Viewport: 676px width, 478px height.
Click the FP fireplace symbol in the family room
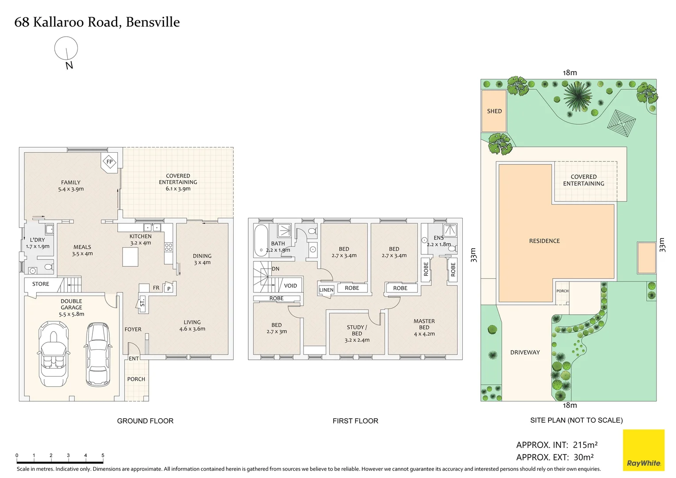(109, 162)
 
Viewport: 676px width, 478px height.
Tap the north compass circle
(66, 48)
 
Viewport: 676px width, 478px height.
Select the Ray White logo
(643, 450)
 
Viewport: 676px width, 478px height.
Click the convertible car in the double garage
(54, 354)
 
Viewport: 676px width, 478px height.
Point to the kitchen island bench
(131, 257)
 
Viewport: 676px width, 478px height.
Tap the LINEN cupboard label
(326, 290)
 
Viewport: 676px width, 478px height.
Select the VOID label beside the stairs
(290, 285)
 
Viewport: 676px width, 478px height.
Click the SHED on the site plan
(494, 111)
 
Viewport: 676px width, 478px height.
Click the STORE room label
(41, 284)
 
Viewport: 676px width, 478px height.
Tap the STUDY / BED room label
(357, 333)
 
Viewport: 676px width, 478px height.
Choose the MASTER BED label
(424, 324)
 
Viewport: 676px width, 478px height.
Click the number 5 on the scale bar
(103, 455)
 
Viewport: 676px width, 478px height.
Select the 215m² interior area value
(585, 445)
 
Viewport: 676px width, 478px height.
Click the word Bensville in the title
(153, 22)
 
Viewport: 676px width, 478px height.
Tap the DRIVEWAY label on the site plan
(525, 352)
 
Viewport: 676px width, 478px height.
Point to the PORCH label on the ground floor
(136, 379)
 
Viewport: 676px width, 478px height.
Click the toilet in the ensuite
(452, 249)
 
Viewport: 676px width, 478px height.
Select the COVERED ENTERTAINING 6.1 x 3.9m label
(178, 182)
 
